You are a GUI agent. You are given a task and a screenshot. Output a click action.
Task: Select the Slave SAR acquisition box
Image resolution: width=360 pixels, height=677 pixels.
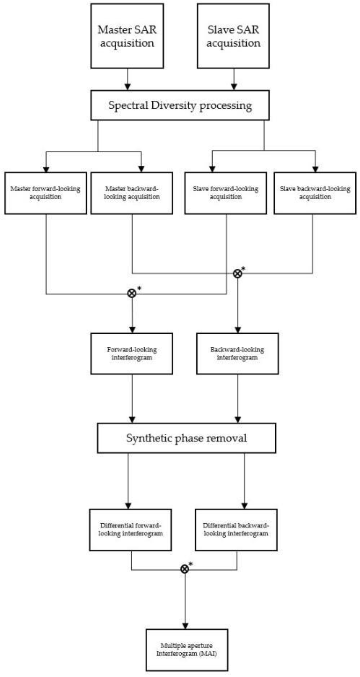click(233, 36)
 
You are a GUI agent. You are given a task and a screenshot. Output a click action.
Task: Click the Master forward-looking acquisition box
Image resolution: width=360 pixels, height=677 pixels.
click(46, 193)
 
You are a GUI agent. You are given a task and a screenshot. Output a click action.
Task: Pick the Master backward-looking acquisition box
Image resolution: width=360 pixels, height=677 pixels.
click(132, 193)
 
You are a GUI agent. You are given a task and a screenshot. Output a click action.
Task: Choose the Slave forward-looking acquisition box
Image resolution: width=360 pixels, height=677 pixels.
click(226, 193)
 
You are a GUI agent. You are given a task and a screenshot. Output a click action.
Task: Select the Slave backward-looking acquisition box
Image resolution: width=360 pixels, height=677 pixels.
click(315, 193)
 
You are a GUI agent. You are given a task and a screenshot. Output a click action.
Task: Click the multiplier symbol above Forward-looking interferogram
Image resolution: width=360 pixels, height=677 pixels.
click(132, 293)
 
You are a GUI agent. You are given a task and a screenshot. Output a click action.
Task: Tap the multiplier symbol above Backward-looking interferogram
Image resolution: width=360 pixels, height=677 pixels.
click(238, 274)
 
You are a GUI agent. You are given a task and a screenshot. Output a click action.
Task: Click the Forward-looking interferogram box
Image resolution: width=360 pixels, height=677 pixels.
click(132, 353)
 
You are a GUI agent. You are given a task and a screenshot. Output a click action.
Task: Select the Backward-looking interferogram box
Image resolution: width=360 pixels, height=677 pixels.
click(238, 353)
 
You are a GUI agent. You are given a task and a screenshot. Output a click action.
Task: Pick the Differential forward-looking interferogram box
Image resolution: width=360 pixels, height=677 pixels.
click(130, 530)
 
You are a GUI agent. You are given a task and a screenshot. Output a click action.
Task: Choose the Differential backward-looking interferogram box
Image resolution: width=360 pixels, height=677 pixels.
click(236, 530)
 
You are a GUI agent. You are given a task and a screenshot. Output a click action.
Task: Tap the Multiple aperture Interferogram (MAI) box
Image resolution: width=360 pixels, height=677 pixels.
click(187, 649)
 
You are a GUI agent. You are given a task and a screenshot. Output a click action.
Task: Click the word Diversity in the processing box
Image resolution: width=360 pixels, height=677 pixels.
click(174, 105)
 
